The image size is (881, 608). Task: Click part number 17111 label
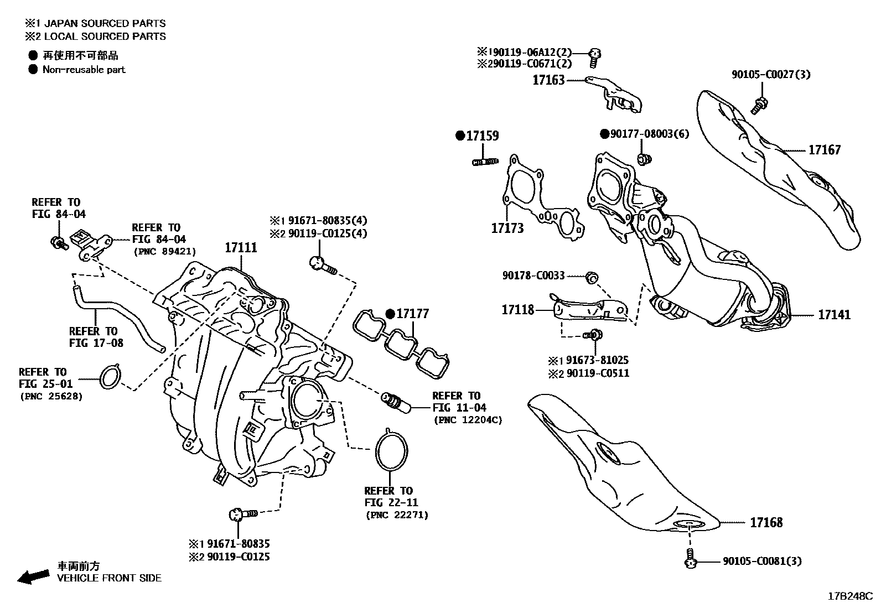point(241,247)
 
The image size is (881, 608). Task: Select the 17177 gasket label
point(413,314)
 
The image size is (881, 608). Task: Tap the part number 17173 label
point(507,228)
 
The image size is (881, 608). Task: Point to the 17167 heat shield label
point(824,150)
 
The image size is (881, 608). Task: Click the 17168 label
point(766,522)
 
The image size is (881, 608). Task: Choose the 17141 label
point(835,315)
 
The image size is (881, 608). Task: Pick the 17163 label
point(548,80)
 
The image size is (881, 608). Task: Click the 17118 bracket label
point(518,310)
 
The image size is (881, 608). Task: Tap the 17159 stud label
point(482,136)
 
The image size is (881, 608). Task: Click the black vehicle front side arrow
point(33,576)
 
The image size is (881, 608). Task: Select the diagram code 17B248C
point(849,596)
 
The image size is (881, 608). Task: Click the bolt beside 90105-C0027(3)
point(759,105)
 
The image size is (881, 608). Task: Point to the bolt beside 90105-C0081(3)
point(689,559)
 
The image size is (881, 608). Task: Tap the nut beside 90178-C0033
point(591,277)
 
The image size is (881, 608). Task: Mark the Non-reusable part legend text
point(84,70)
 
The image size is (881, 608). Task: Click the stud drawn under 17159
point(485,162)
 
